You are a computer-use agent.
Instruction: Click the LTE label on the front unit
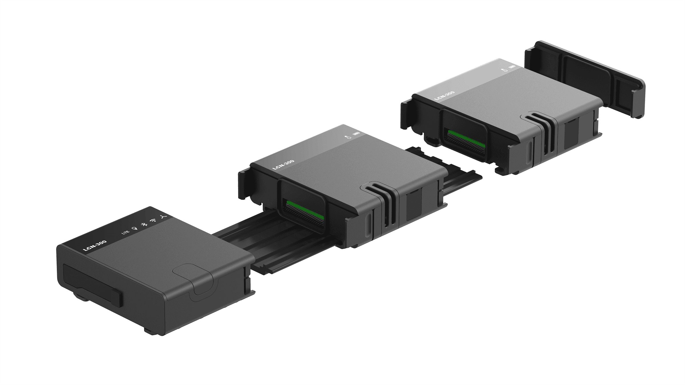[126, 232]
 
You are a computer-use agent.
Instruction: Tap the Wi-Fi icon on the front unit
[153, 220]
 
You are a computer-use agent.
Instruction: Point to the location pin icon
[134, 228]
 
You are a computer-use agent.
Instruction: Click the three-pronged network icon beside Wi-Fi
[164, 217]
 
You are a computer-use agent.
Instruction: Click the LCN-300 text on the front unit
[95, 246]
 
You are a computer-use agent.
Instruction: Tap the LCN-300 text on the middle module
[283, 165]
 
